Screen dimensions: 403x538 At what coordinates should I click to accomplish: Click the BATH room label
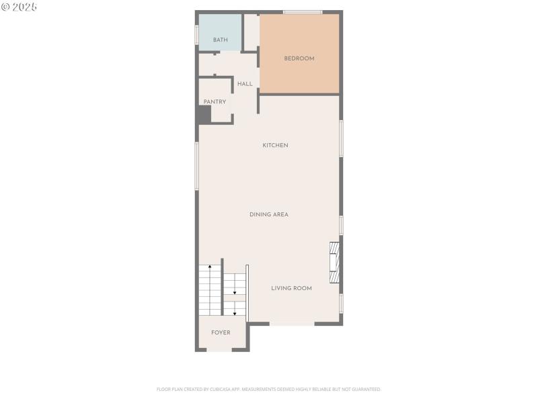(x=221, y=40)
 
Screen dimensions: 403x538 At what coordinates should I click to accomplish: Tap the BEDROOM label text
(x=299, y=58)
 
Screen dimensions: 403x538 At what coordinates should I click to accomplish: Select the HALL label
(x=245, y=84)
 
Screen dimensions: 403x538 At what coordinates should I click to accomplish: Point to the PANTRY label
(x=215, y=102)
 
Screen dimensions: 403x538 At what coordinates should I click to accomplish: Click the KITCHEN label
(x=275, y=145)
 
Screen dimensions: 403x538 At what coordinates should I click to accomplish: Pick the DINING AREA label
(x=269, y=214)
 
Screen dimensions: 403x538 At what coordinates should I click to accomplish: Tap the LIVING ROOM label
(x=291, y=288)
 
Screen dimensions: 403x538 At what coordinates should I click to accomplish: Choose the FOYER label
(x=221, y=332)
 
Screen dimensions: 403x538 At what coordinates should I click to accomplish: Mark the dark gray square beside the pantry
(x=204, y=115)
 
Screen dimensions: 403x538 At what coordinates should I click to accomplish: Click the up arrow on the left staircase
(x=210, y=268)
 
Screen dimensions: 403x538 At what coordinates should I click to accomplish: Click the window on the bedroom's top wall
(x=302, y=12)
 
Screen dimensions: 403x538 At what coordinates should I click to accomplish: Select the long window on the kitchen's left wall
(x=196, y=165)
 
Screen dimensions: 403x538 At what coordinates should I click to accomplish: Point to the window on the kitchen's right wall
(x=341, y=138)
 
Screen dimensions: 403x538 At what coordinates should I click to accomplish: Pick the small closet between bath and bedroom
(x=252, y=32)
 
